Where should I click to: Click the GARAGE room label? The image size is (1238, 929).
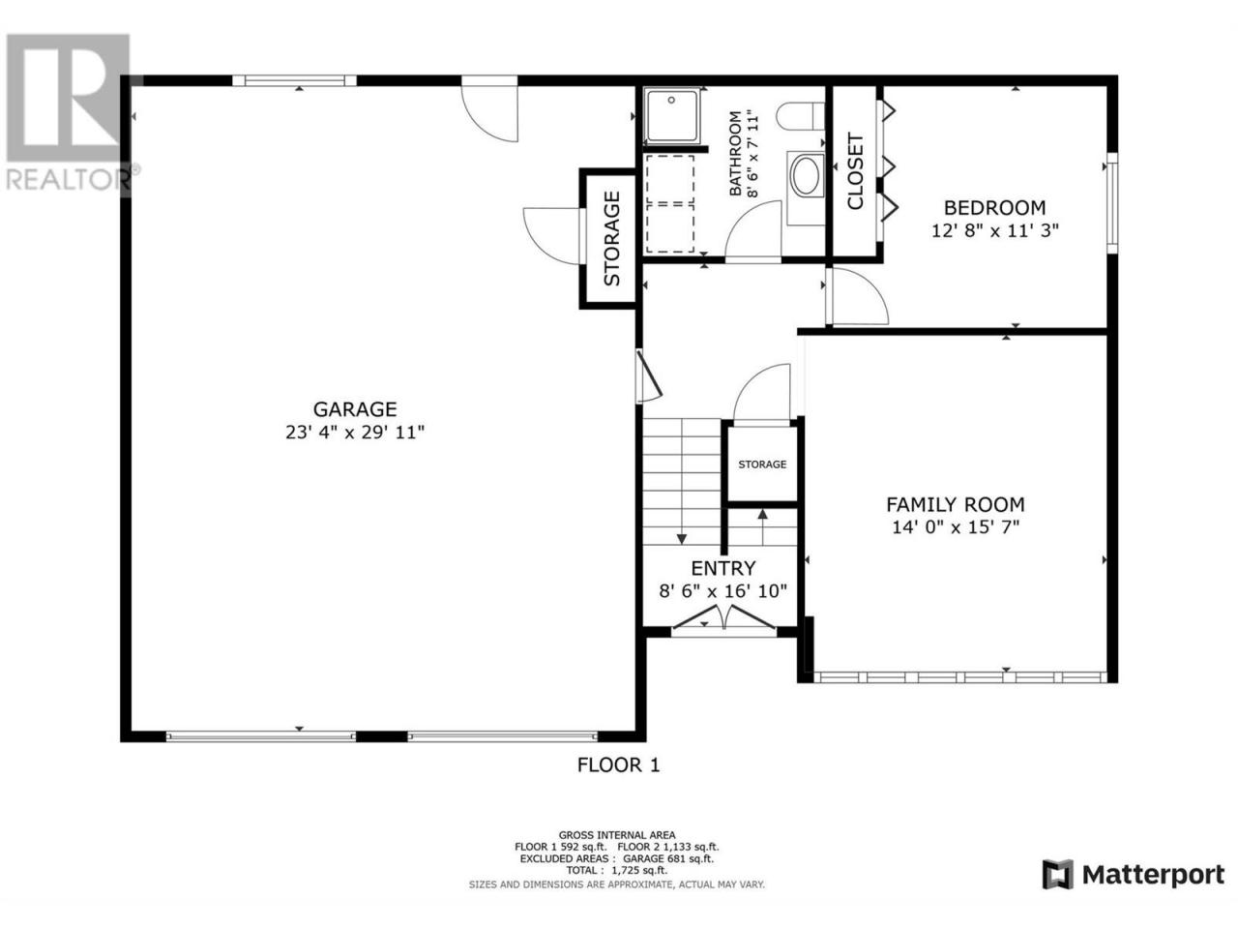pyautogui.click(x=354, y=408)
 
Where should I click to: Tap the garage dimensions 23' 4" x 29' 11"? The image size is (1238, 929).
pyautogui.click(x=354, y=433)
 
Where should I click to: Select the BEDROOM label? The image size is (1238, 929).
pyautogui.click(x=994, y=207)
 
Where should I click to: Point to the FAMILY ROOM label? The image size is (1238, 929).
pyautogui.click(x=955, y=504)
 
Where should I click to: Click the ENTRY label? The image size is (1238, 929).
pyautogui.click(x=723, y=567)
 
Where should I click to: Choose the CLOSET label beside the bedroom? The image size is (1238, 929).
pyautogui.click(x=854, y=171)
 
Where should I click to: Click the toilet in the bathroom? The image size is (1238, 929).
pyautogui.click(x=800, y=117)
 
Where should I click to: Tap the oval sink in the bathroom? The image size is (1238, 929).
pyautogui.click(x=805, y=176)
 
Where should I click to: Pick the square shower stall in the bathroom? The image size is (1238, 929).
pyautogui.click(x=672, y=115)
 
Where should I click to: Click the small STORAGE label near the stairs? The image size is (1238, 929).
pyautogui.click(x=762, y=464)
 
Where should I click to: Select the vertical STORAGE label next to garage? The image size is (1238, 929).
pyautogui.click(x=611, y=238)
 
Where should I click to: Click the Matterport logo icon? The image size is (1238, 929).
pyautogui.click(x=1057, y=875)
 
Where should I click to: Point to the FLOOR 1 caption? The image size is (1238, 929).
pyautogui.click(x=618, y=764)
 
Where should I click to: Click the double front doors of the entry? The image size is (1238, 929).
pyautogui.click(x=723, y=617)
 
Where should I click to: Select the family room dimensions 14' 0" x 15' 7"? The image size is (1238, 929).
pyautogui.click(x=956, y=527)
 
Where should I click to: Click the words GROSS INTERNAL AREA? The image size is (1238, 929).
pyautogui.click(x=616, y=835)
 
